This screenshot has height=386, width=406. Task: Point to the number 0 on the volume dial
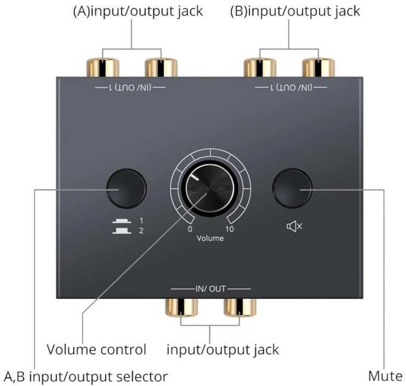(x=190, y=229)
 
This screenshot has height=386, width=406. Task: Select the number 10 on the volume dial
(x=229, y=229)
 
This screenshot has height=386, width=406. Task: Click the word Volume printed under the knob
(x=210, y=239)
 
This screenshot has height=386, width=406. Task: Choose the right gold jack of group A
(x=161, y=67)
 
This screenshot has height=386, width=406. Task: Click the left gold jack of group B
(x=260, y=67)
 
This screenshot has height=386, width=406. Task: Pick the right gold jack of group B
(x=318, y=67)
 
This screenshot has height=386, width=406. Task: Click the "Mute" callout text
(x=385, y=376)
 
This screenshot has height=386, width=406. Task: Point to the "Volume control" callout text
(x=97, y=349)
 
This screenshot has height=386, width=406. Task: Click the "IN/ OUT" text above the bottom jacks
(x=211, y=288)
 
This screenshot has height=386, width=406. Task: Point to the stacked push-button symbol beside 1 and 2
(x=121, y=225)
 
